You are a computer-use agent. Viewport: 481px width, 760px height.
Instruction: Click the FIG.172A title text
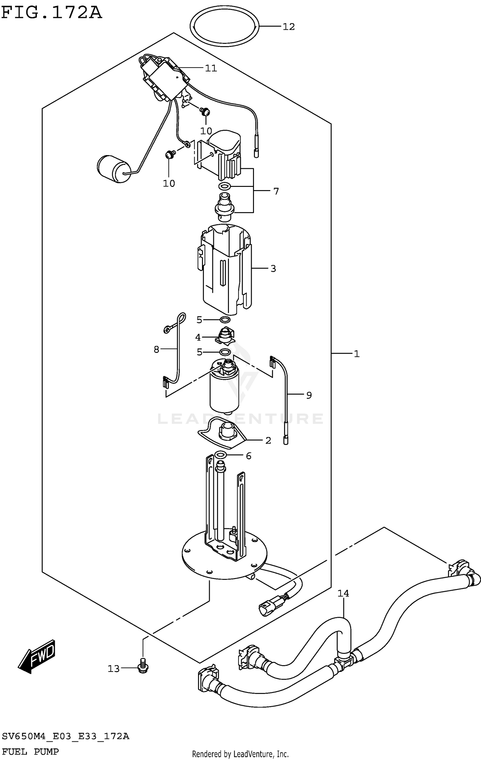coord(51,13)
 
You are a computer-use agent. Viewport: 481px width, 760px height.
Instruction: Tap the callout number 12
coord(288,27)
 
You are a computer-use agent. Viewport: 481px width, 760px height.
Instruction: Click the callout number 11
coord(211,68)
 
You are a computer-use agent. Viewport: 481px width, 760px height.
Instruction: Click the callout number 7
coord(276,191)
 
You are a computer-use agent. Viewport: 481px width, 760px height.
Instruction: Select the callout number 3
coord(273,269)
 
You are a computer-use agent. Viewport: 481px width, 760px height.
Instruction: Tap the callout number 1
coord(357,354)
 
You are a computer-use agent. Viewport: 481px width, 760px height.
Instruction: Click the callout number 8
coord(156,349)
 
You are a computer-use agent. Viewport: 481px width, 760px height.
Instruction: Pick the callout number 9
coord(309,395)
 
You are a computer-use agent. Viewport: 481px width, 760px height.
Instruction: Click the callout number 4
coord(198,337)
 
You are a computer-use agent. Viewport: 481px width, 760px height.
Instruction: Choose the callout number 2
coord(268,440)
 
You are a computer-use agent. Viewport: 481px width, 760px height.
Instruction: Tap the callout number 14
coord(343,593)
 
